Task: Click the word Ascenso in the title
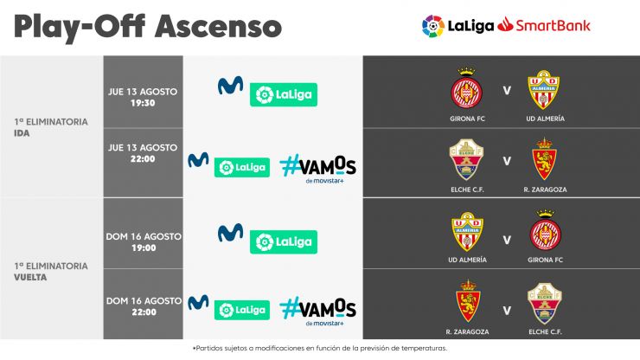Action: [x=218, y=26]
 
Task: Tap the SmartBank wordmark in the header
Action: [x=553, y=25]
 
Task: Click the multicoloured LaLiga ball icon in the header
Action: [x=433, y=26]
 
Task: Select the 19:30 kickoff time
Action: [x=143, y=103]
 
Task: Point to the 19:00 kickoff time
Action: [x=144, y=247]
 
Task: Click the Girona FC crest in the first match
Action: [x=466, y=88]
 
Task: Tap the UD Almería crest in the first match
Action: [x=544, y=89]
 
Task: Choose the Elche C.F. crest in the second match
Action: [x=466, y=160]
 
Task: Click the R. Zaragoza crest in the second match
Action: [x=544, y=159]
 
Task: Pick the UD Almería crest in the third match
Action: [x=468, y=232]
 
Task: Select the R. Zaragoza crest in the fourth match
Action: [x=468, y=301]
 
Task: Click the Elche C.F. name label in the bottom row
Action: [x=545, y=331]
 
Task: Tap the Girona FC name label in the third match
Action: [x=545, y=260]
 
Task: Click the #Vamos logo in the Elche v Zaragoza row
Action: [x=318, y=168]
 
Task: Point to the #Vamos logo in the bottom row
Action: [x=318, y=311]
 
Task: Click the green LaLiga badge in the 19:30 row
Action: [x=284, y=94]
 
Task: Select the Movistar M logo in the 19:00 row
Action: [x=231, y=233]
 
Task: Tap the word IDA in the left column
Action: [x=22, y=133]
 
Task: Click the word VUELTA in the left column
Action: [x=30, y=278]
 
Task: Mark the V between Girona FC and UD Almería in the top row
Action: [x=507, y=90]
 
